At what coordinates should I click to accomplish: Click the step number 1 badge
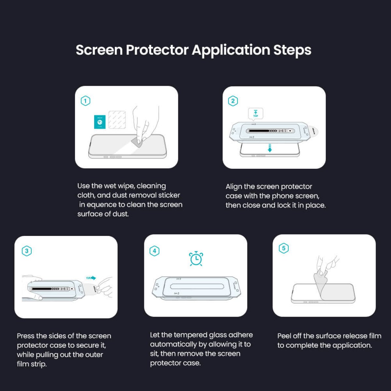click(x=85, y=101)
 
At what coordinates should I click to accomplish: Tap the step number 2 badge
click(x=233, y=101)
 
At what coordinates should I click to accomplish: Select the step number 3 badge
click(x=27, y=251)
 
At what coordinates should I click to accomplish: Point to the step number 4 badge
click(x=154, y=251)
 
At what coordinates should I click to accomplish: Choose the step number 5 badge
click(x=283, y=248)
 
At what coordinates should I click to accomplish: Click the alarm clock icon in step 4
click(x=196, y=259)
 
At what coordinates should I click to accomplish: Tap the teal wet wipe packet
click(x=100, y=122)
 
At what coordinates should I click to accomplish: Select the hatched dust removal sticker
click(x=117, y=120)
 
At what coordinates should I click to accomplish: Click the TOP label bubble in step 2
click(x=255, y=114)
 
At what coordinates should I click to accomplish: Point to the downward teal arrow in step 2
click(x=270, y=148)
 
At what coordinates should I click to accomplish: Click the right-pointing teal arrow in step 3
click(x=91, y=278)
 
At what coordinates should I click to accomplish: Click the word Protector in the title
click(x=157, y=50)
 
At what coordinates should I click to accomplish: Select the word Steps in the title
click(x=292, y=50)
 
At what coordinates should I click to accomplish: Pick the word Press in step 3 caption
click(x=25, y=336)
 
